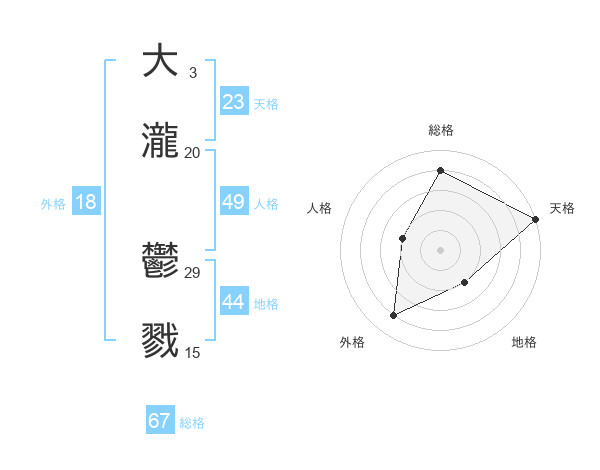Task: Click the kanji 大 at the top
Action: coord(160,61)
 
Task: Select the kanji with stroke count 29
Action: coord(160,262)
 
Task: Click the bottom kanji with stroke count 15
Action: coord(160,340)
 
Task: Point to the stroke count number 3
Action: coord(192,73)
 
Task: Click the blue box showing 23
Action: coord(234,102)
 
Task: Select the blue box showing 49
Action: coord(234,202)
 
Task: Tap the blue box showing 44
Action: coord(234,302)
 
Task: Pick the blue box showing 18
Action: coord(86,202)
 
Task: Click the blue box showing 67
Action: coord(160,421)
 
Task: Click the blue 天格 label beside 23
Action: coord(266,104)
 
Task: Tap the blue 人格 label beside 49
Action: coord(266,204)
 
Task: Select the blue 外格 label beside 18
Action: coord(53,204)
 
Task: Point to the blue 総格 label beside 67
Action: coord(192,423)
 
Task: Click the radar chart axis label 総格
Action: coord(441,130)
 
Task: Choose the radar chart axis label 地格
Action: coord(524,342)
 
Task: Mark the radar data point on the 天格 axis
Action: coord(536,219)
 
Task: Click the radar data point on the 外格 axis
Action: coord(394,316)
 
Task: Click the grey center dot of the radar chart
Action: coord(441,250)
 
